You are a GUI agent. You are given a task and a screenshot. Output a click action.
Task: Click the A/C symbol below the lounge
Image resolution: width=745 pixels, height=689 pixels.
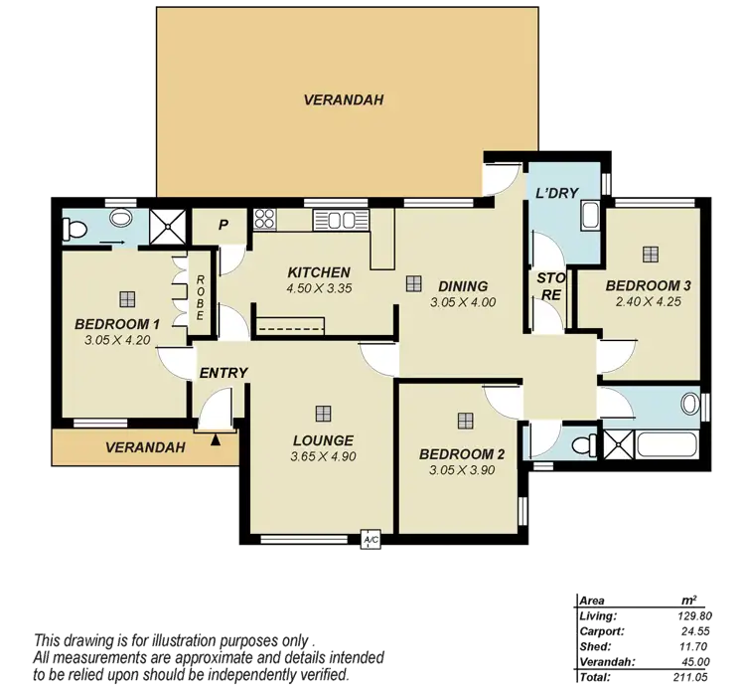click(x=370, y=540)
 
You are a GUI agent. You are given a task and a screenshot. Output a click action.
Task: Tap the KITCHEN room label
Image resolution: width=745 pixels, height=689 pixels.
click(x=318, y=272)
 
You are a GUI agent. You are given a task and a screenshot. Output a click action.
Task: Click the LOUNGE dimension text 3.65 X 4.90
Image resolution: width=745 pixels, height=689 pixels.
click(x=323, y=457)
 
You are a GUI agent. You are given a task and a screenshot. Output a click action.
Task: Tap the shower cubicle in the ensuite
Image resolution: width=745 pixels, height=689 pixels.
click(x=163, y=228)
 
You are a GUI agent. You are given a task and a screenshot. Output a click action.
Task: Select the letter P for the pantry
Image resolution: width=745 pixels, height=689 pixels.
click(x=223, y=225)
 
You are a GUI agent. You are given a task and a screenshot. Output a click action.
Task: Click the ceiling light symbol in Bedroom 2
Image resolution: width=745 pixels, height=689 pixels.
click(x=463, y=420)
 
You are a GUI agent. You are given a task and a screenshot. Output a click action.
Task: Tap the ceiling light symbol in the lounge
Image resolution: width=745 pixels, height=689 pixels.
click(x=323, y=414)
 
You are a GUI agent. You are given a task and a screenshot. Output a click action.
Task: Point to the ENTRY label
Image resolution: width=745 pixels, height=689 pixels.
click(x=223, y=373)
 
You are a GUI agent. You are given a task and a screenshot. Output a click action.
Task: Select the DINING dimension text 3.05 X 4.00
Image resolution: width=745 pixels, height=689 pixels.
click(x=463, y=302)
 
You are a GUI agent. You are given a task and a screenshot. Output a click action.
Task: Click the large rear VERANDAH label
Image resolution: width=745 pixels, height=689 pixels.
click(x=344, y=100)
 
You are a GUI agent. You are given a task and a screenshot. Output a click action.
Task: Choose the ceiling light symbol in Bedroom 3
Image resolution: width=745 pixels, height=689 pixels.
click(x=651, y=254)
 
